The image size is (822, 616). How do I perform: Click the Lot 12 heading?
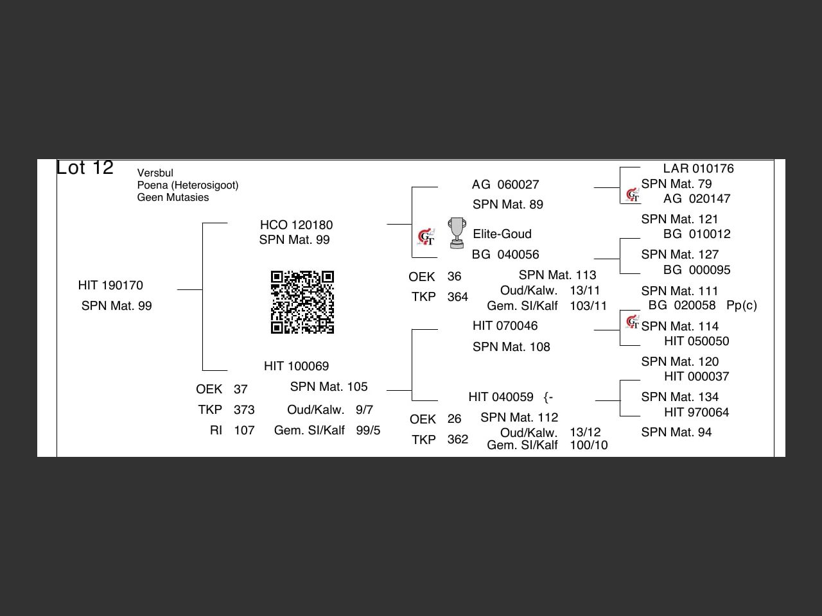[85, 168]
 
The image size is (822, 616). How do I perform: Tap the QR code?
[302, 302]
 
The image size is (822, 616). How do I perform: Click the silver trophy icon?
[457, 233]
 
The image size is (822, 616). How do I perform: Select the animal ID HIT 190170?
[110, 286]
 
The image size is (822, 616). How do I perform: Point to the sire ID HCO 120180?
[296, 225]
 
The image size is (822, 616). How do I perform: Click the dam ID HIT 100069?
[296, 366]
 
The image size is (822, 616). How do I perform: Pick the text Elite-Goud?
[502, 234]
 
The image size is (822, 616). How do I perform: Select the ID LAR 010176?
[698, 169]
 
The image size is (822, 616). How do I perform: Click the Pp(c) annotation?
[742, 305]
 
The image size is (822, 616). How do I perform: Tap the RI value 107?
[244, 431]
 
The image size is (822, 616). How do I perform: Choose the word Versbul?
[155, 173]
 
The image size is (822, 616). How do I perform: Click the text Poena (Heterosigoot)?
[188, 185]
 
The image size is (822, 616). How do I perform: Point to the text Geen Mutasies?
[173, 198]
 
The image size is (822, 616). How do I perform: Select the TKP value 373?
[244, 410]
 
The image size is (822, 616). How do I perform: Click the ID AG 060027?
[505, 185]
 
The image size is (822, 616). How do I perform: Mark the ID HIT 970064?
[696, 413]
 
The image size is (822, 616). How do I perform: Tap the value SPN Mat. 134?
[679, 397]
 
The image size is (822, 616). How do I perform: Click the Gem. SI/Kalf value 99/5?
[368, 431]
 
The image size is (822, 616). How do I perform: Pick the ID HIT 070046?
[505, 326]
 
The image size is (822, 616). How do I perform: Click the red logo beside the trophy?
[426, 237]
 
